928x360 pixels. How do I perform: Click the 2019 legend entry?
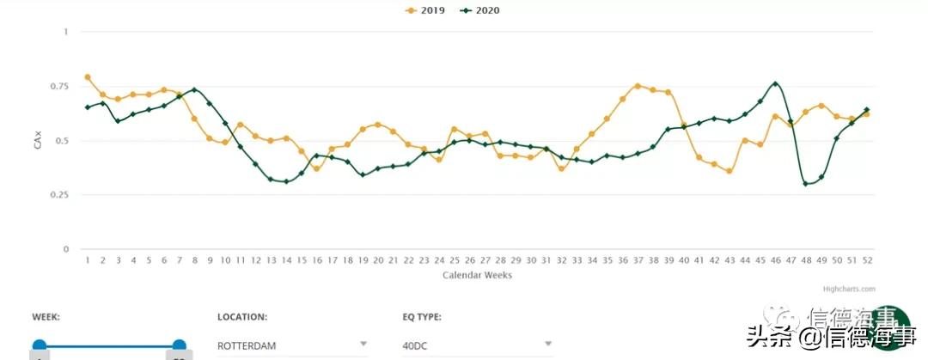coord(425,10)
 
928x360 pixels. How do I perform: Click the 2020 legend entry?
coord(480,10)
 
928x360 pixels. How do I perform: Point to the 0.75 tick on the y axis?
coord(59,87)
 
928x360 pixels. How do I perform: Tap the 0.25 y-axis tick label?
coord(59,195)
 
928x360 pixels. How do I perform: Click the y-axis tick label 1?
coord(64,32)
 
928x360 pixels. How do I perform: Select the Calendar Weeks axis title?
coord(477,275)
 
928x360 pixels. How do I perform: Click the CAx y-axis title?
coord(38,142)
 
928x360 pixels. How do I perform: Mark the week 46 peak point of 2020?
coord(776,84)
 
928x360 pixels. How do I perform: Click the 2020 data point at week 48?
coord(806,183)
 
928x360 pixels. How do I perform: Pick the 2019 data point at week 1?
coord(88,77)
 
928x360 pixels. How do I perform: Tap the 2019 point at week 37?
coord(637,86)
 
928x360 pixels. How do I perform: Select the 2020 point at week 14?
coord(286,181)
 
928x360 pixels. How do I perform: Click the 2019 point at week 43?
coord(729,171)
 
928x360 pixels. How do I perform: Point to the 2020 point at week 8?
coord(195,89)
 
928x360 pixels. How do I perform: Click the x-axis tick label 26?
coord(469,259)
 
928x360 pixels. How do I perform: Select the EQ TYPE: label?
coord(422,317)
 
